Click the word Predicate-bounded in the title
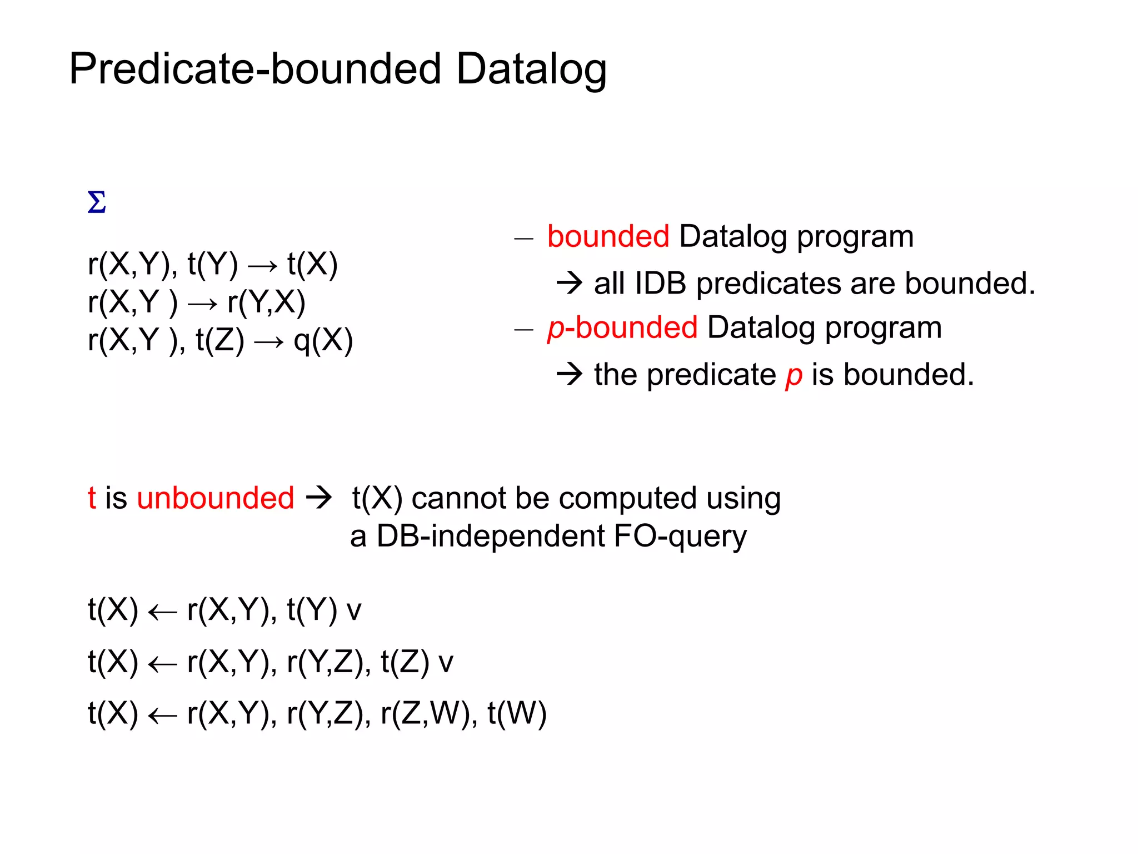256,69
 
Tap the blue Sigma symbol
97,202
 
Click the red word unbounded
216,498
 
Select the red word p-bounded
622,327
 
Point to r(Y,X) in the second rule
266,302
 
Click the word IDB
660,284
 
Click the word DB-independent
490,536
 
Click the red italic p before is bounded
793,375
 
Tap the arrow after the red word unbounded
319,497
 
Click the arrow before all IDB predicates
569,284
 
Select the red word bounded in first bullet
608,236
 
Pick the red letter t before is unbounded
92,498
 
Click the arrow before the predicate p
569,374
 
